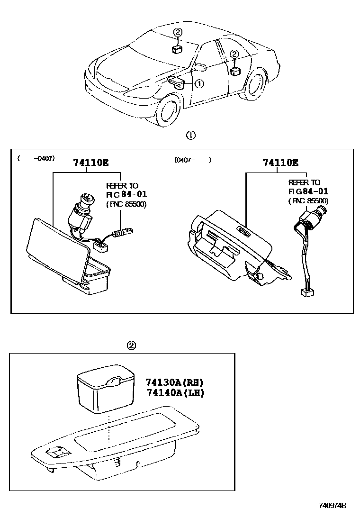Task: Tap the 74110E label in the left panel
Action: click(90, 163)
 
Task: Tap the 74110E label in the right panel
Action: click(280, 163)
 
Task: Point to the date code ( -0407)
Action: click(36, 159)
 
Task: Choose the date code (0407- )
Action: click(192, 160)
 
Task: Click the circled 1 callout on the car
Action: click(199, 83)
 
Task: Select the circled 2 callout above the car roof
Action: click(177, 33)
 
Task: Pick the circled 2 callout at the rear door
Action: click(234, 55)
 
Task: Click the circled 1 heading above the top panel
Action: click(190, 135)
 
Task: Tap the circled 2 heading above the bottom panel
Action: click(132, 345)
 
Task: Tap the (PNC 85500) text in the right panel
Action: click(308, 201)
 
